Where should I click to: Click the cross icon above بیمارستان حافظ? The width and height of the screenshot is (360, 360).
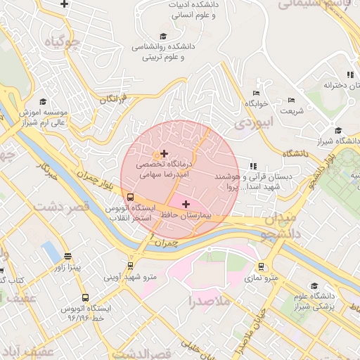tap(186, 204)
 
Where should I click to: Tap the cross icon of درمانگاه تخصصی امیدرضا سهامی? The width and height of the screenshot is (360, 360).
tap(165, 153)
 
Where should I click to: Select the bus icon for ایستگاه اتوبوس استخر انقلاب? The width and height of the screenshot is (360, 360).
tap(129, 198)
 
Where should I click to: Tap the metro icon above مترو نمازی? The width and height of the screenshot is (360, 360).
tap(262, 266)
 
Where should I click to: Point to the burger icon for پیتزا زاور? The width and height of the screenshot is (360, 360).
tap(67, 257)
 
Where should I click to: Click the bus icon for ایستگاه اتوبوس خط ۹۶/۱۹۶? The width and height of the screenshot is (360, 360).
tap(85, 297)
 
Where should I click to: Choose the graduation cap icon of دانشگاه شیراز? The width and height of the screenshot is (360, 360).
tap(338, 130)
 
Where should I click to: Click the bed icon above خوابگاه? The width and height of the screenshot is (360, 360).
tap(256, 93)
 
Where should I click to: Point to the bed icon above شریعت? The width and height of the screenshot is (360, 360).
tap(292, 100)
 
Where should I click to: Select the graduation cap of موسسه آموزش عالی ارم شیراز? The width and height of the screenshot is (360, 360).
tap(43, 101)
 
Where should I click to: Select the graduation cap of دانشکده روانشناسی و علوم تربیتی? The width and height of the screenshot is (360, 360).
tap(163, 36)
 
